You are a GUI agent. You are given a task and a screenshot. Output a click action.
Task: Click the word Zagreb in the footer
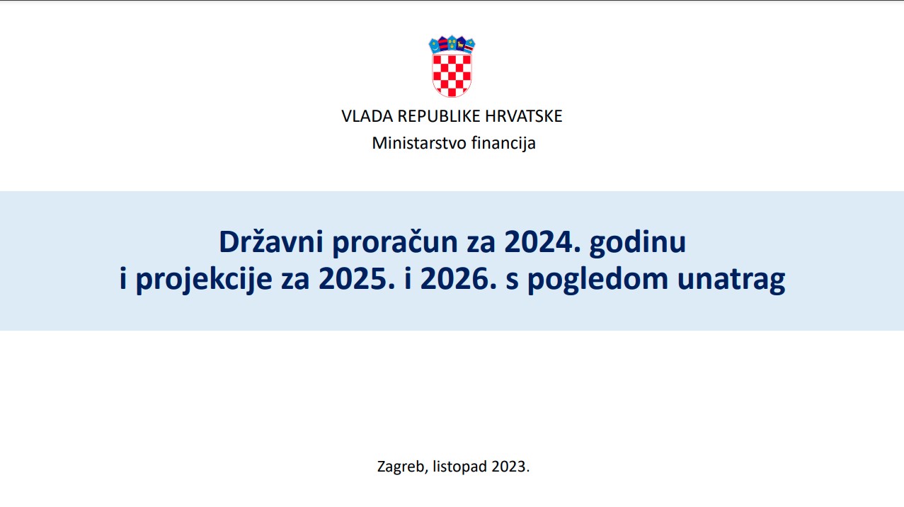point(401,467)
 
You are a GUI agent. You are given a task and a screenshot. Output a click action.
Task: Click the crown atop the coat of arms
point(452,45)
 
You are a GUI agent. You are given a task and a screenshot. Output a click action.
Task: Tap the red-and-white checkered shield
point(452,74)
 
